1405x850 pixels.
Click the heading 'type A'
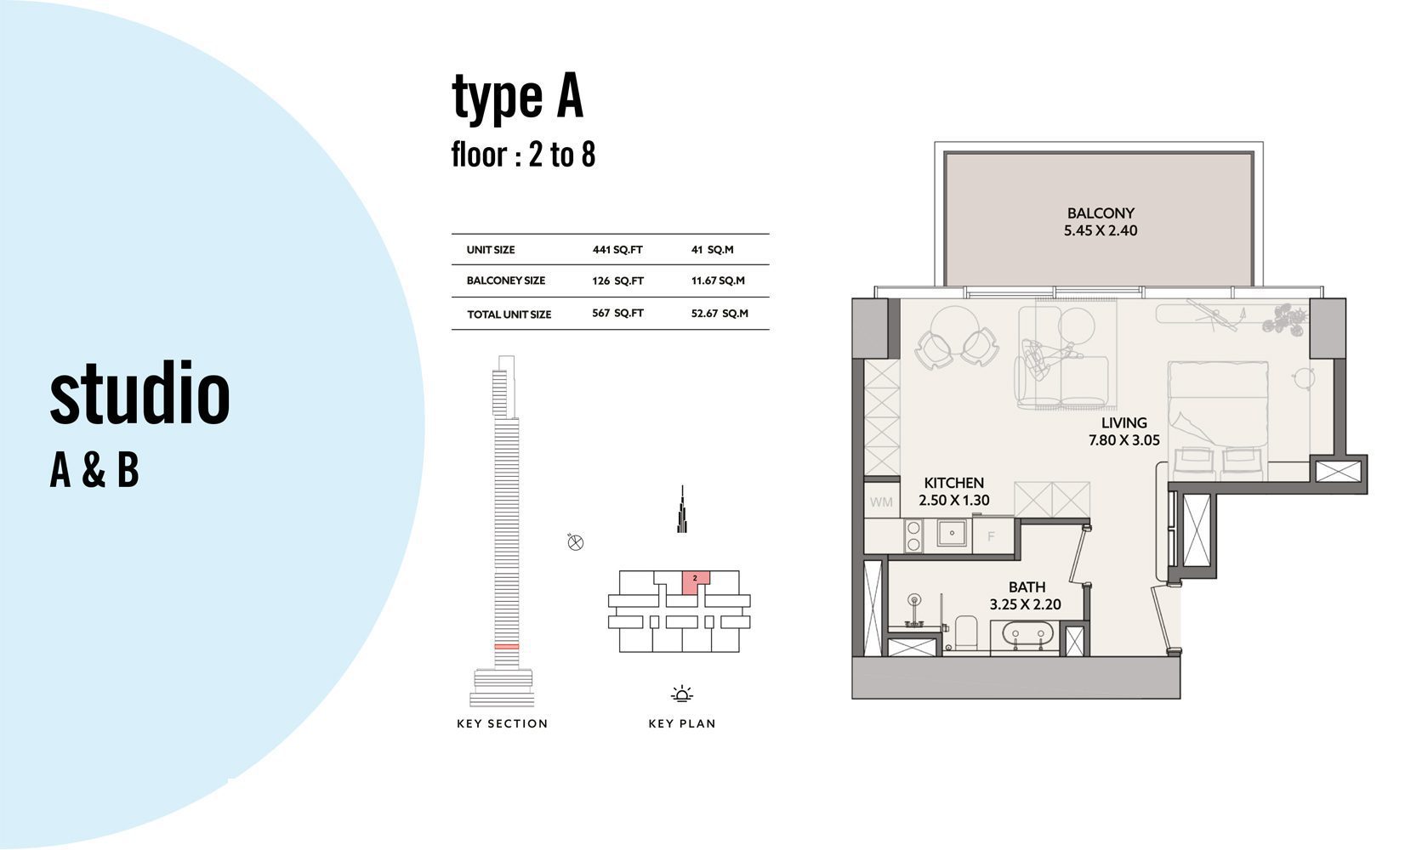point(517,97)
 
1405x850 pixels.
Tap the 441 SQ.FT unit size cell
point(617,250)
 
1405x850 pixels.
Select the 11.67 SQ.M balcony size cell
point(718,280)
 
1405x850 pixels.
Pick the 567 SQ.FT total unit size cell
point(617,313)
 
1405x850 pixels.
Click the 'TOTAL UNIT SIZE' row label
point(509,314)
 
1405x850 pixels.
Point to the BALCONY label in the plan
point(1101,213)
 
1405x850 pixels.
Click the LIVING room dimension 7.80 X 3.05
point(1124,440)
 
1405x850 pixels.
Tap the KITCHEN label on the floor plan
point(953,483)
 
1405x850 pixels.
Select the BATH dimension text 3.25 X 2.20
point(1026,604)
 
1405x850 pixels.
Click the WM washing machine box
point(881,501)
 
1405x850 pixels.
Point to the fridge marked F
point(992,536)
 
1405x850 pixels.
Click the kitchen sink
point(952,534)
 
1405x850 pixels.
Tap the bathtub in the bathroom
point(1025,635)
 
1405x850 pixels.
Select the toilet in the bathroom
point(966,632)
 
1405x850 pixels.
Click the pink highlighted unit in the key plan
point(695,582)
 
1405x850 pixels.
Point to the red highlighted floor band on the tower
point(506,646)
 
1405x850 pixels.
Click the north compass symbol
point(575,541)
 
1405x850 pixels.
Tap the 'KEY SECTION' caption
point(503,723)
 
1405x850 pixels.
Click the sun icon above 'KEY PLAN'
point(682,694)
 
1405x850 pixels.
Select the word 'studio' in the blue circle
point(139,394)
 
